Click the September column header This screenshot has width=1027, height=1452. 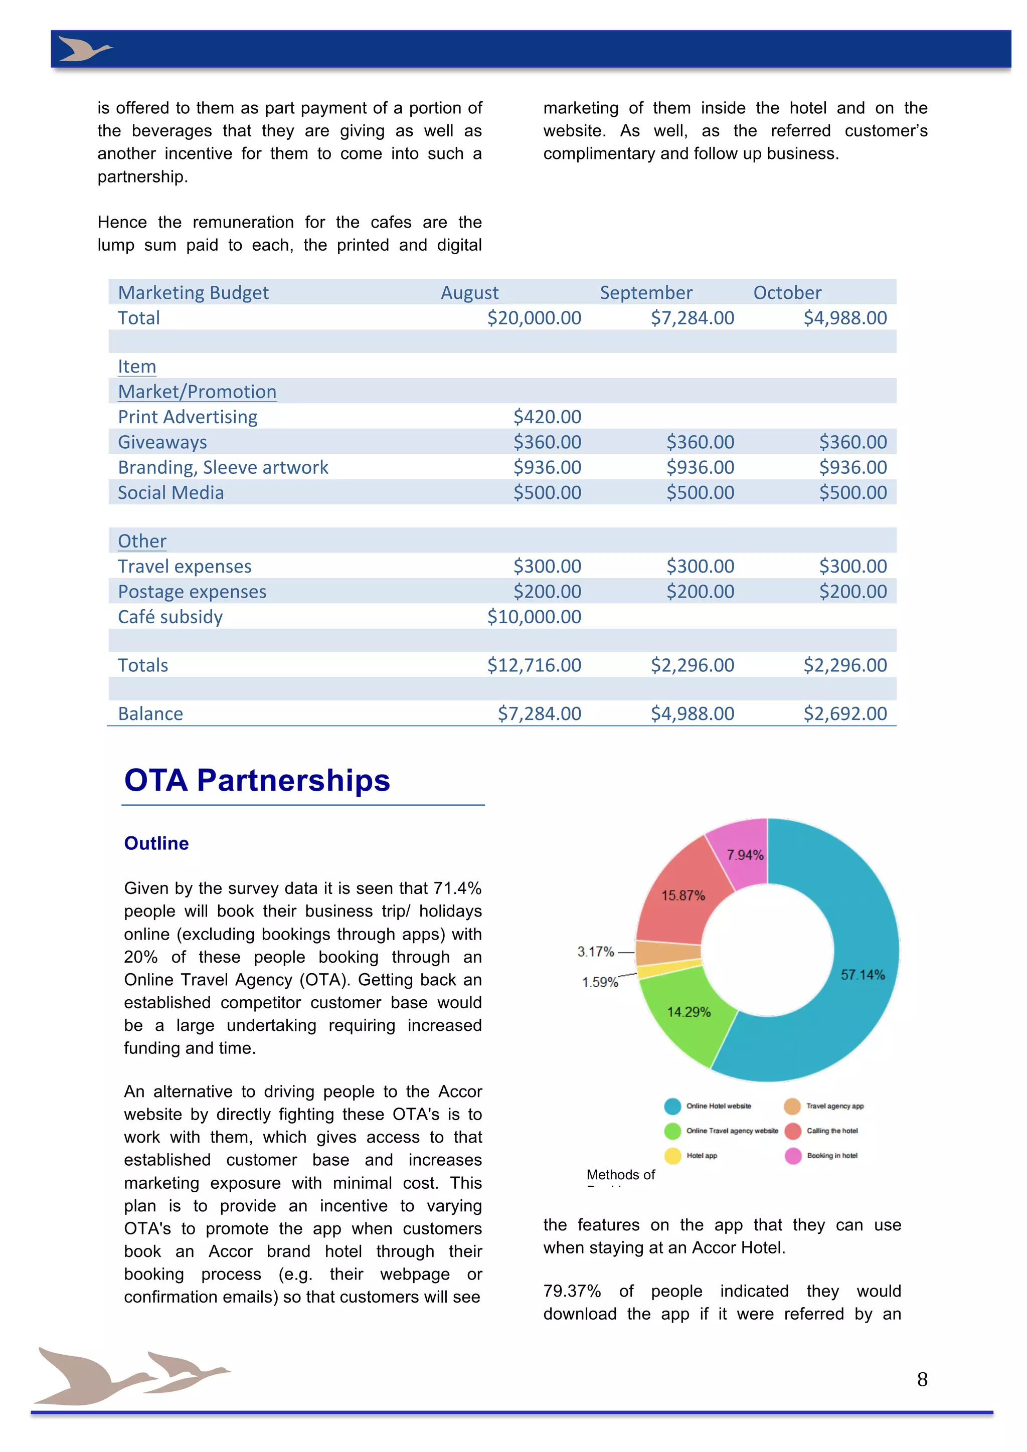coord(646,293)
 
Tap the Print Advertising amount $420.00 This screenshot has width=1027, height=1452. coord(547,417)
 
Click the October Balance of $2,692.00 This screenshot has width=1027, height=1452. coord(845,713)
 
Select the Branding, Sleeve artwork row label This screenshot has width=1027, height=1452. coord(223,467)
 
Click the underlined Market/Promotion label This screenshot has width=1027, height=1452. coord(197,392)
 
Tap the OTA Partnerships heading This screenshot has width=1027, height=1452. coord(257,780)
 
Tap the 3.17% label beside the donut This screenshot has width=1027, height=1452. coord(595,952)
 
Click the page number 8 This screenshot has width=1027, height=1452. coord(922,1379)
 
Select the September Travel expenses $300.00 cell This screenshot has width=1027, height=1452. coord(700,566)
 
